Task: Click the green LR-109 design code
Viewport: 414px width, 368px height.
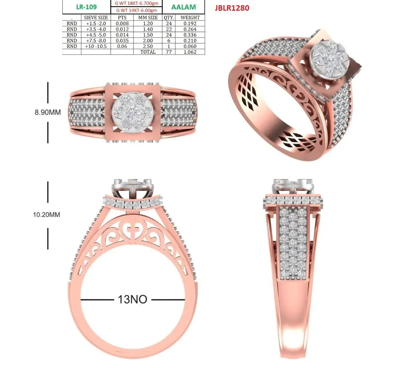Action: [86, 7]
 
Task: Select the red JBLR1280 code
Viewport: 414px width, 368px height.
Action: [232, 8]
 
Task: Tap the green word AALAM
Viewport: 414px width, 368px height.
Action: [183, 7]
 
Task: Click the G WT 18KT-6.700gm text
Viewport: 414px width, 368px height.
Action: [136, 3]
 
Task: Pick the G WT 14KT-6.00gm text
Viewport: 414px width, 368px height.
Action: [136, 10]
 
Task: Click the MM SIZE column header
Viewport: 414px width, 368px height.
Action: [148, 17]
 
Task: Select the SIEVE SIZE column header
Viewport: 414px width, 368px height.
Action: [96, 17]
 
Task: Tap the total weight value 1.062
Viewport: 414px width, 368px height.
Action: [190, 52]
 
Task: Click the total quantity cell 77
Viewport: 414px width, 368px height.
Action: [169, 52]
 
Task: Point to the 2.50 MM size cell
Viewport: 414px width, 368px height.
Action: [148, 46]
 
